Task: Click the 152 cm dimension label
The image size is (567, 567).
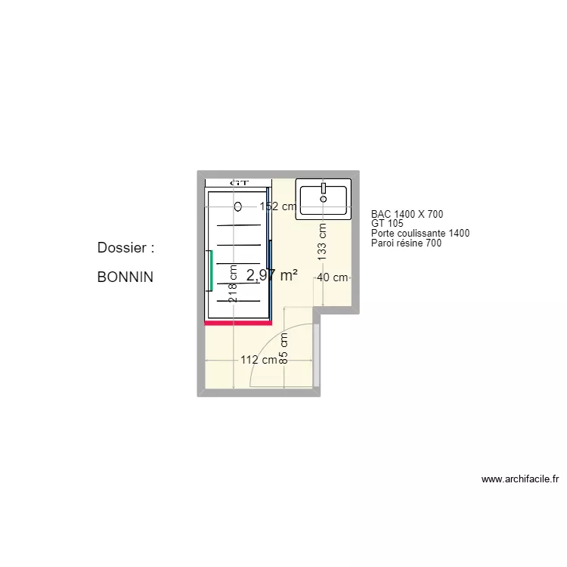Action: [278, 206]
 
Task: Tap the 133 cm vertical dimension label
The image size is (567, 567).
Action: [322, 241]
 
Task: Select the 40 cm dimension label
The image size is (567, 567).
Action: [332, 277]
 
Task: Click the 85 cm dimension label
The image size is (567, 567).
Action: [283, 349]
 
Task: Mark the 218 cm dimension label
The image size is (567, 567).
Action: [233, 283]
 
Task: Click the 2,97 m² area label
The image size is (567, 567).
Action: [271, 276]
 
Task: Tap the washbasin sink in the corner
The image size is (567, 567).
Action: [324, 200]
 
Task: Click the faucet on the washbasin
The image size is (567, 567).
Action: [324, 187]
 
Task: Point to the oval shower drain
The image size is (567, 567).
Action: [239, 206]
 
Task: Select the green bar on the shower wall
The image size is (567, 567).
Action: [209, 271]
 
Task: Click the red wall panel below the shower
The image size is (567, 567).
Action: [238, 323]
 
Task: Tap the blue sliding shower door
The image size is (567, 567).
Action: [269, 257]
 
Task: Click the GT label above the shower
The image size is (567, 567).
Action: [239, 183]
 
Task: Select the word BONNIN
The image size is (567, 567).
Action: [125, 277]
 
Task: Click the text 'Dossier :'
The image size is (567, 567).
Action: [125, 248]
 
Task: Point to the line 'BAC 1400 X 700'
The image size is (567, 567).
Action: [407, 215]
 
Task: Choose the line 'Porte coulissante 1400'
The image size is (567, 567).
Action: [420, 234]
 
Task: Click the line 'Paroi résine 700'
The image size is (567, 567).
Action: [406, 243]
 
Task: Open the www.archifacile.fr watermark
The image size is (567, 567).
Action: [519, 479]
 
